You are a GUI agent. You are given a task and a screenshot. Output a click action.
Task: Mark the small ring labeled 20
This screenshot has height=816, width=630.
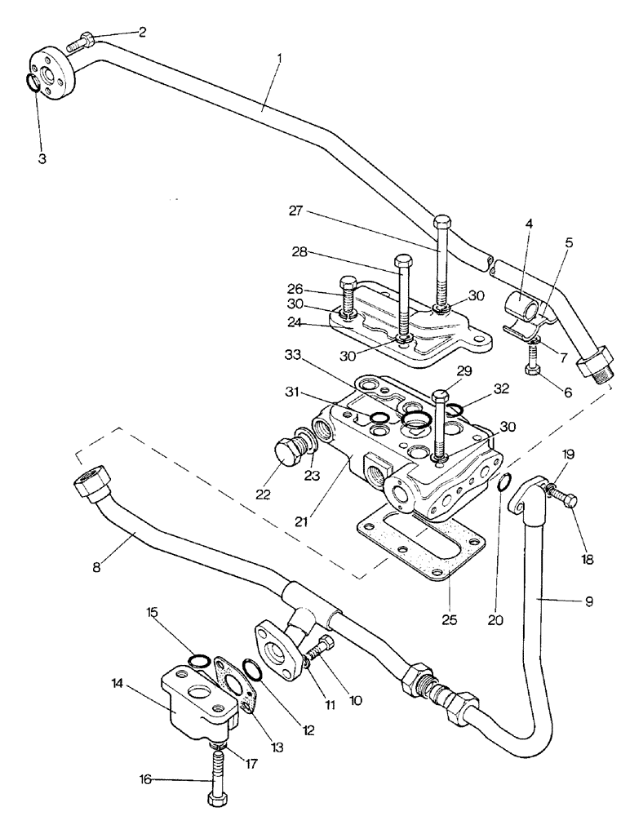click(505, 486)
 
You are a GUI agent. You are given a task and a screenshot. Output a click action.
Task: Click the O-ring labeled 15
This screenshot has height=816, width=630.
click(197, 659)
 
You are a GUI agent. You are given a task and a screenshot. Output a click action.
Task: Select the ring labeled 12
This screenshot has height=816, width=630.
click(254, 670)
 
